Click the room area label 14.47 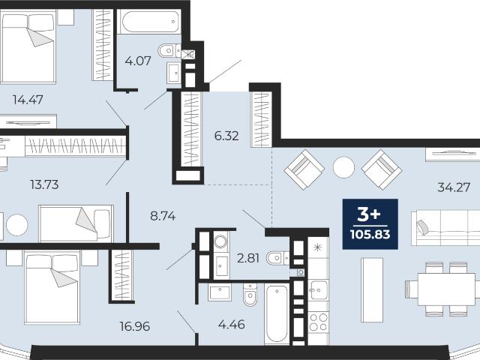tap(28, 100)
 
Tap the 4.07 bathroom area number tap(138, 61)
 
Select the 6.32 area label tap(226, 136)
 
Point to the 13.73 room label tap(44, 184)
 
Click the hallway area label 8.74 tap(163, 216)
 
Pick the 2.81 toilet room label tap(248, 258)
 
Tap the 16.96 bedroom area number tap(135, 326)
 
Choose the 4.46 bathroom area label tap(232, 324)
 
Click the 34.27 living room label tap(454, 187)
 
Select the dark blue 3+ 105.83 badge tap(370, 224)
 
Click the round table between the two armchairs tap(343, 167)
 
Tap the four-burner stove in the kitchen tap(318, 322)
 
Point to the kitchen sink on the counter tap(318, 290)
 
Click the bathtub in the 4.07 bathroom tap(150, 22)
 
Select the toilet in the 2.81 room tap(277, 258)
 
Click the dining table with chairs tap(442, 289)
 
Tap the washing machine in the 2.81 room tap(220, 241)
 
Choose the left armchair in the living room tap(304, 169)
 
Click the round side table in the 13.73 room tap(17, 225)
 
